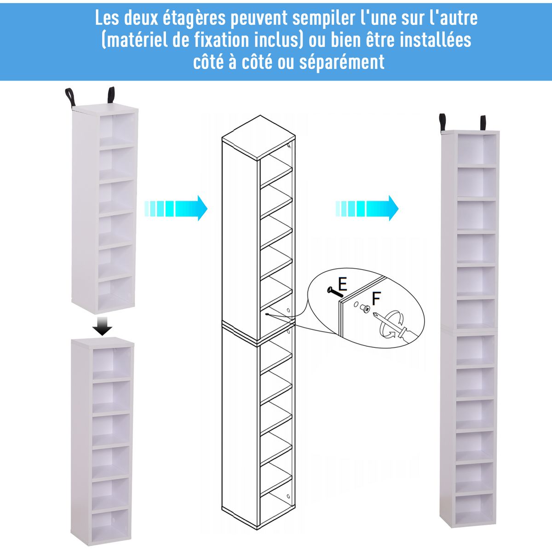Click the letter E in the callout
(x=342, y=284)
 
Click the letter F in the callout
(x=376, y=299)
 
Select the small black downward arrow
(x=102, y=326)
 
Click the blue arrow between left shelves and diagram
(x=176, y=208)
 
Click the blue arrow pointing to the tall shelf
(x=367, y=208)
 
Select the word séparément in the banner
(x=342, y=62)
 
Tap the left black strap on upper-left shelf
(x=70, y=98)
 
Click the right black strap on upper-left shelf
(x=111, y=95)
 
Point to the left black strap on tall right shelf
(x=443, y=123)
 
